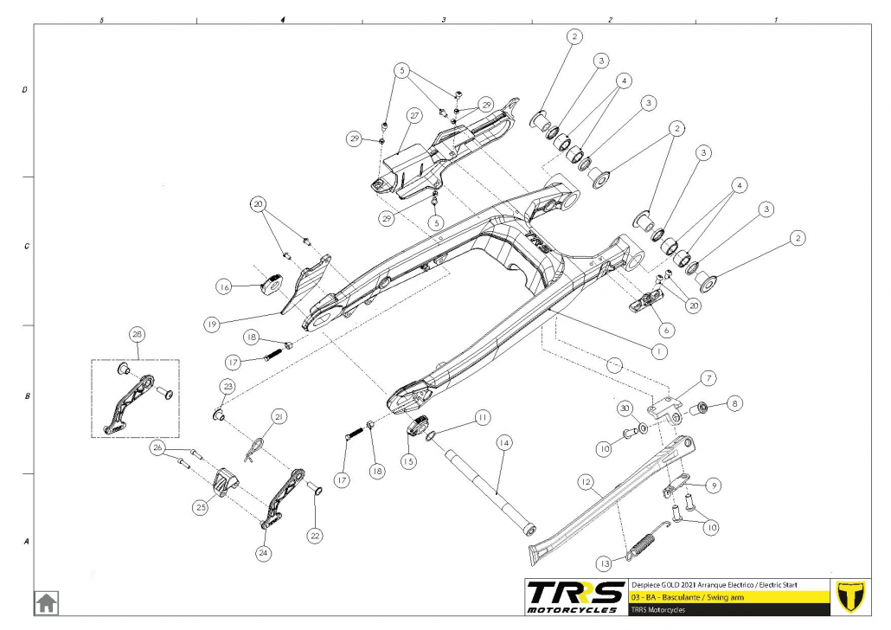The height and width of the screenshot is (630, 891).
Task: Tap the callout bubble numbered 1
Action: click(658, 351)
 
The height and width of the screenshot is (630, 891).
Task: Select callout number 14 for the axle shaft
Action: click(503, 442)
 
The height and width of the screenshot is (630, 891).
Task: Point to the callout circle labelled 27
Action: click(414, 115)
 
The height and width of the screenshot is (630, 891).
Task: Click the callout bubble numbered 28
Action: click(136, 335)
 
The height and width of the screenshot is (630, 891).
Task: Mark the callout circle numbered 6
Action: click(664, 330)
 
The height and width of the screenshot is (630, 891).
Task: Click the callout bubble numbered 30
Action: click(623, 408)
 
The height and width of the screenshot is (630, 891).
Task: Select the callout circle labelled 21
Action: click(278, 416)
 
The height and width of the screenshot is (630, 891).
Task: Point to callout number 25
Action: click(201, 507)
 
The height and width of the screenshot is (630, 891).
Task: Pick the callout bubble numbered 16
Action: click(224, 286)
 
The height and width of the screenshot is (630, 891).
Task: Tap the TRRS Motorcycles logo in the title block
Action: click(575, 595)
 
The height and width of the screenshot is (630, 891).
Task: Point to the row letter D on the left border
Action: click(25, 89)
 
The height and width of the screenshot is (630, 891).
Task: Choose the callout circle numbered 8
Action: click(734, 402)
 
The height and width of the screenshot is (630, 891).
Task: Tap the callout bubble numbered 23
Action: click(228, 385)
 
